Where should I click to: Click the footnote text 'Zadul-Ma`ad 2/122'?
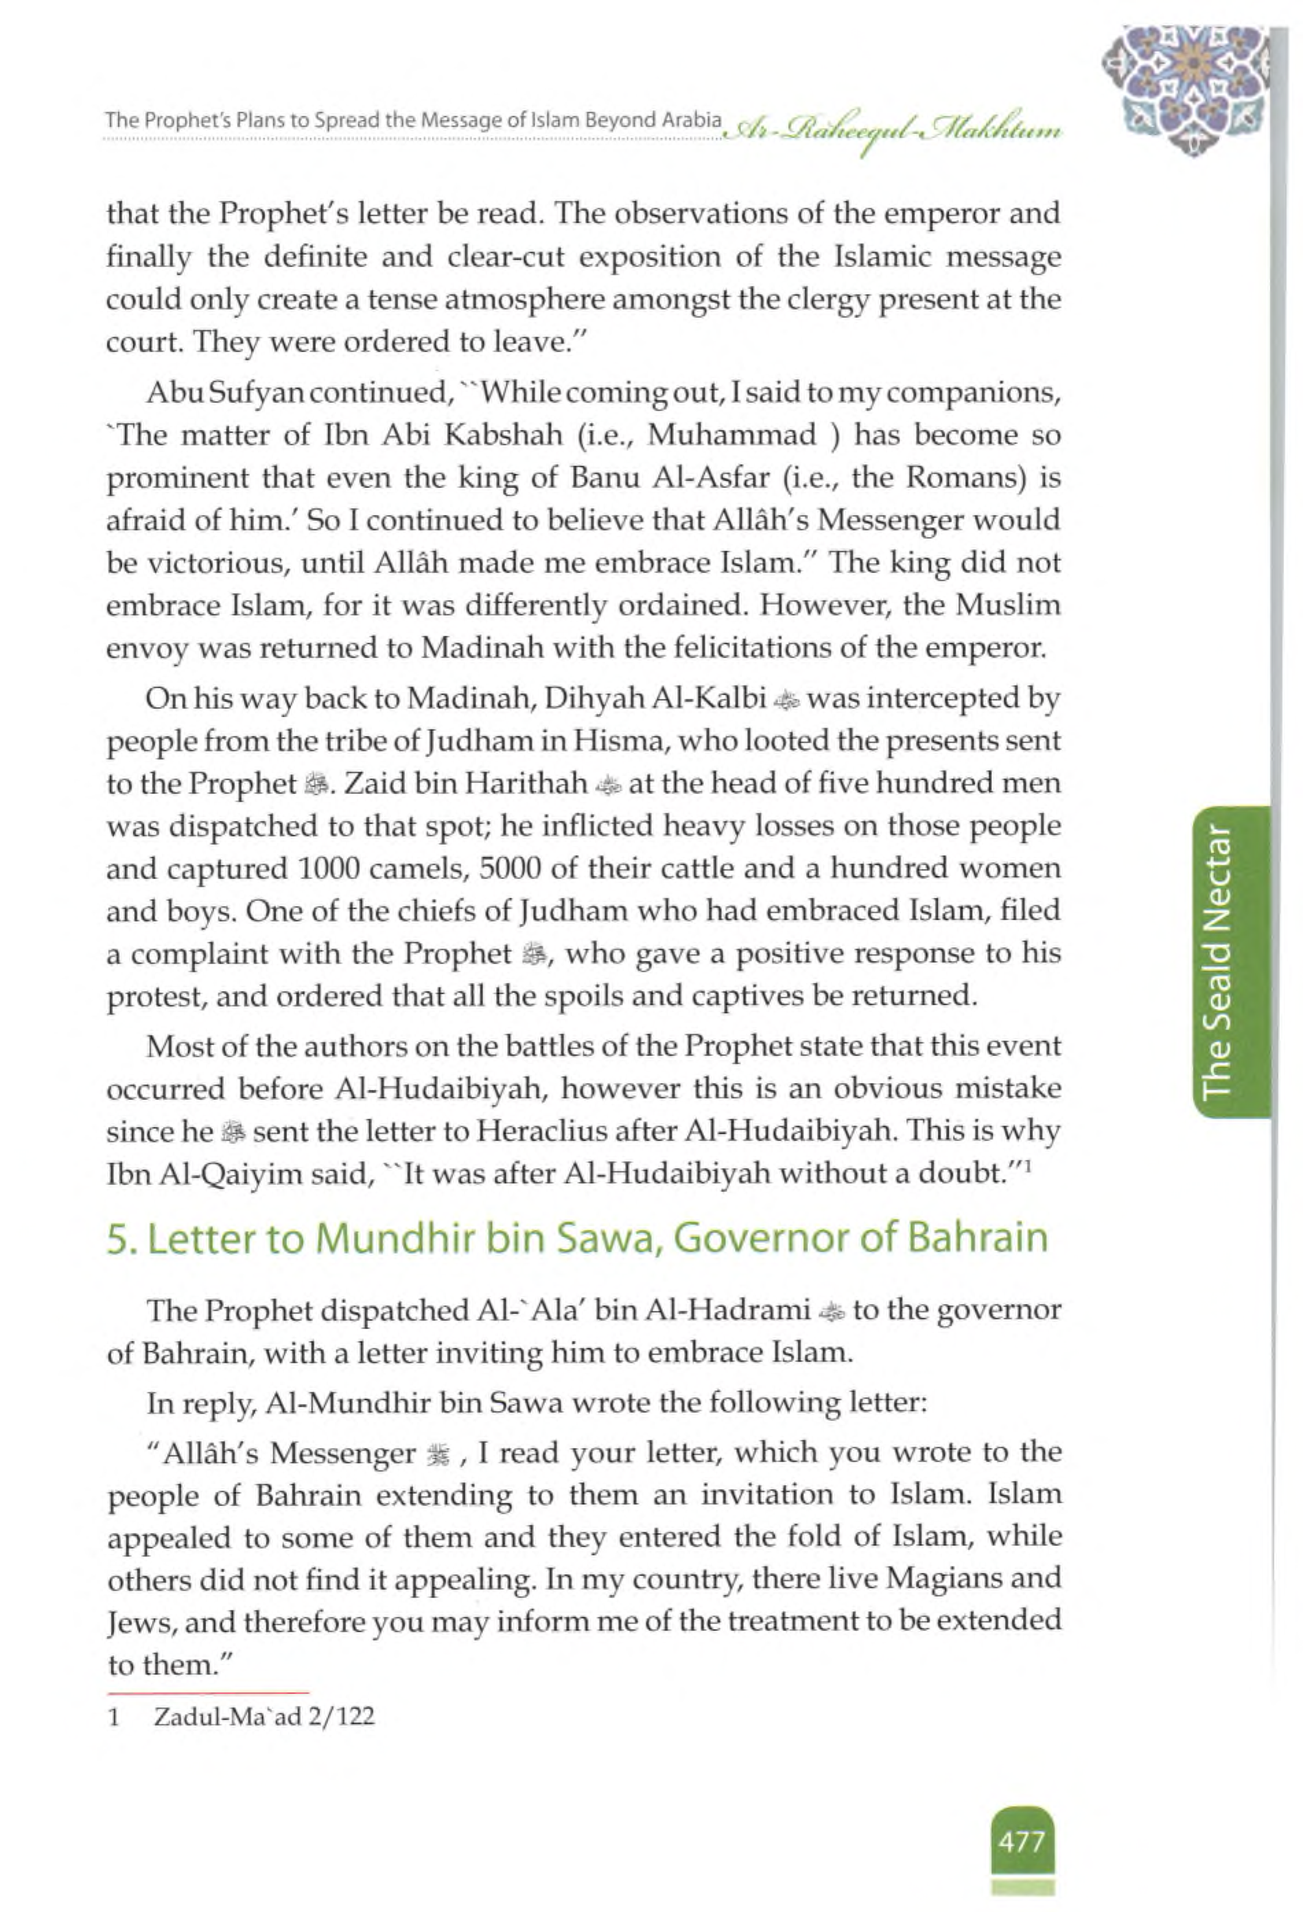pyautogui.click(x=263, y=1716)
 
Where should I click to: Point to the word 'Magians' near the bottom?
pyautogui.click(x=943, y=1579)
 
